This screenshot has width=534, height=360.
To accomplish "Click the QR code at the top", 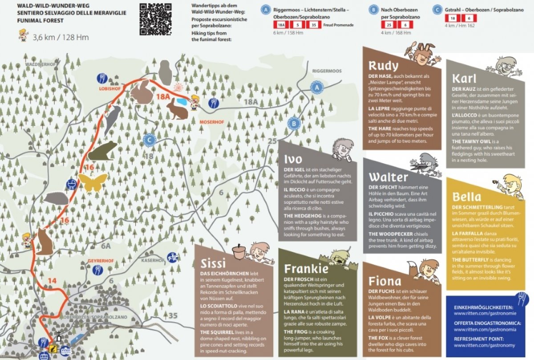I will coord(155,19).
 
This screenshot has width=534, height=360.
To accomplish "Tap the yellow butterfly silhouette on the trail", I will coord(93,182).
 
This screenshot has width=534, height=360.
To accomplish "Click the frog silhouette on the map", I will coord(103,151).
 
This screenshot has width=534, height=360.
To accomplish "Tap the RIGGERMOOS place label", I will coord(327,71).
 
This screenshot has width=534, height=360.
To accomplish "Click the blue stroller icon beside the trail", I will coord(70,184).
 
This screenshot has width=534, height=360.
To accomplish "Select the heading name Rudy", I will coord(383,66).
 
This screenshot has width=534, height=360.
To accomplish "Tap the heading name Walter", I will coord(388,177).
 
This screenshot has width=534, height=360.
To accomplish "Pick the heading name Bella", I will coord(467,196).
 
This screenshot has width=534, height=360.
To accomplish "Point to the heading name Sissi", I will coord(213,263).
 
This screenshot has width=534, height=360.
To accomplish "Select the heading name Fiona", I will coord(385,281).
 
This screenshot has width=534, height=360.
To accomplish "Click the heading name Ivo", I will coord(293,159).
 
